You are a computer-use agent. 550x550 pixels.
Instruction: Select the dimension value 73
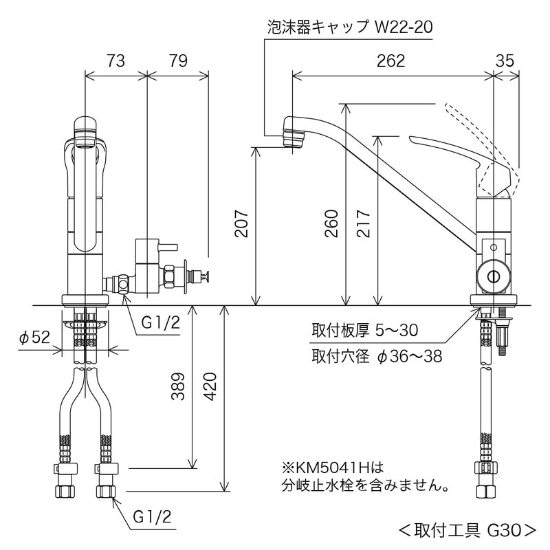pyautogui.click(x=115, y=61)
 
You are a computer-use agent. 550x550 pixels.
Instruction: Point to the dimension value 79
pyautogui.click(x=177, y=61)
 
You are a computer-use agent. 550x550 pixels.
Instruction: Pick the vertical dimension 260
pyautogui.click(x=331, y=223)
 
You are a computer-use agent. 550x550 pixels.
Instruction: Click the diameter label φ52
pyautogui.click(x=35, y=338)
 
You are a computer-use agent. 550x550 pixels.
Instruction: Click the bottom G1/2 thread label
pyautogui.click(x=151, y=516)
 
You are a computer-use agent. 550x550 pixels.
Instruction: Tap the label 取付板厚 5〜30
pyautogui.click(x=364, y=331)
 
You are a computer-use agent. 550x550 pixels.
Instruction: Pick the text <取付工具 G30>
pyautogui.click(x=467, y=529)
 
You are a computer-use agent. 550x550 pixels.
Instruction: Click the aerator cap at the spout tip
pyautogui.click(x=293, y=133)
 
